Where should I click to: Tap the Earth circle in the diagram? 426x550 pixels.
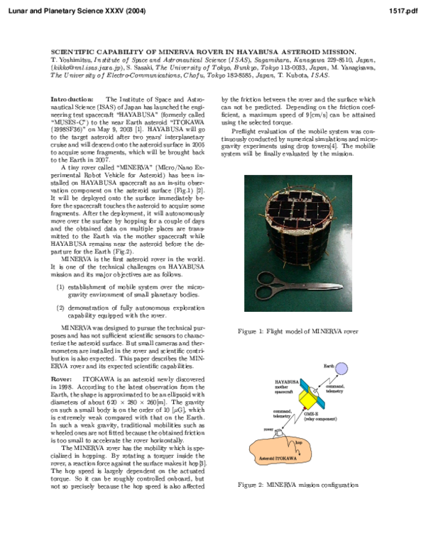[342, 368]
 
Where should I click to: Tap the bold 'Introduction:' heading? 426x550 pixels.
[72, 99]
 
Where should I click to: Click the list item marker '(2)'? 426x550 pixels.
[60, 308]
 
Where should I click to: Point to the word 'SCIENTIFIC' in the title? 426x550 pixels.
[74, 52]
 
